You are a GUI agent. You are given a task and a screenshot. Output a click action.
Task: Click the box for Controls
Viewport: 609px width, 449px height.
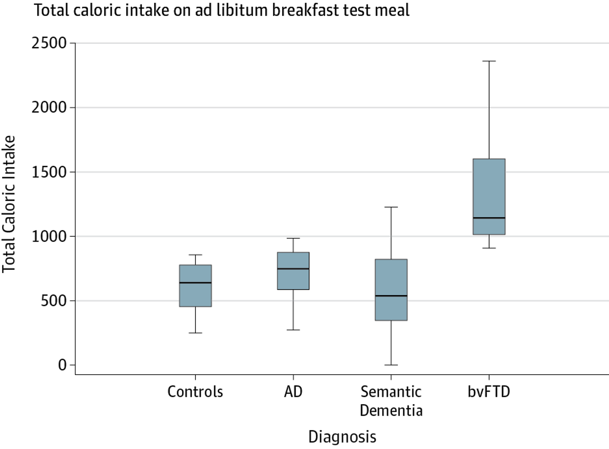[195, 286]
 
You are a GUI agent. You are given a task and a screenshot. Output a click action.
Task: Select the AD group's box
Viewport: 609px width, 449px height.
[293, 271]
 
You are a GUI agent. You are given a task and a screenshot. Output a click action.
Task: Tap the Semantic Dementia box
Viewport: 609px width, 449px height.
[391, 290]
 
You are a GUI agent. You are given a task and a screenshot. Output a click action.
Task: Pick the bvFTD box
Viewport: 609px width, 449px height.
[489, 197]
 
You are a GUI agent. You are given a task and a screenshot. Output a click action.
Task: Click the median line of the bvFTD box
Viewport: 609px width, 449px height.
[489, 218]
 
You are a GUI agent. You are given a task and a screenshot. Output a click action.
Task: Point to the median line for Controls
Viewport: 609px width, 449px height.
[195, 283]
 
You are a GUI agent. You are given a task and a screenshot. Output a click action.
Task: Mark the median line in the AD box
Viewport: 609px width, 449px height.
[293, 269]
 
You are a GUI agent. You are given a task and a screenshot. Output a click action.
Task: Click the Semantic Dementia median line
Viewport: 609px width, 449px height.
[391, 295]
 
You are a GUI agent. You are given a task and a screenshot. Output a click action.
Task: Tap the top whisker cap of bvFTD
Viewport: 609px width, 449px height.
[489, 61]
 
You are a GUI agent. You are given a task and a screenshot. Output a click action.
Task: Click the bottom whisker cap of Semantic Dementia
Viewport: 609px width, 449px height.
[391, 365]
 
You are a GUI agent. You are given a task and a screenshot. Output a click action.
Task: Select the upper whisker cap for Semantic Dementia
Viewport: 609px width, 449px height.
[391, 207]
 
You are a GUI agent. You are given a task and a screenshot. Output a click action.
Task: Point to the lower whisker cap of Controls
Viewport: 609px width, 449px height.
[195, 333]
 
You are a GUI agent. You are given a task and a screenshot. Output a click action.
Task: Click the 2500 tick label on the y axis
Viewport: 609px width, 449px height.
[49, 43]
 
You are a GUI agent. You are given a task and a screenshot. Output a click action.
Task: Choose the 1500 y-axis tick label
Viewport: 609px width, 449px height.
[49, 172]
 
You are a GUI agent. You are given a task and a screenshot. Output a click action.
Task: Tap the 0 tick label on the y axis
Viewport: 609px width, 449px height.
[62, 365]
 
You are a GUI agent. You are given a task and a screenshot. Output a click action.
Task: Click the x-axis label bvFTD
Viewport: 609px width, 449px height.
[489, 392]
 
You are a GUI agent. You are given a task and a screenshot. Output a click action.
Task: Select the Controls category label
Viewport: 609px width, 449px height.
[195, 392]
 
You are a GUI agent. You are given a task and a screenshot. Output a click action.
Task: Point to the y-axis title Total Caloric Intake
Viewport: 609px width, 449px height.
[8, 204]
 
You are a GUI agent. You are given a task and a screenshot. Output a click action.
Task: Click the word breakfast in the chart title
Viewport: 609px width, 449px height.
[305, 10]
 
